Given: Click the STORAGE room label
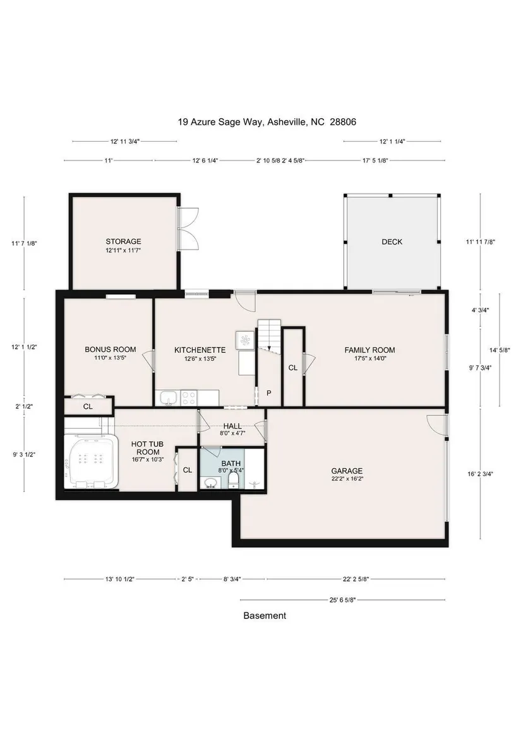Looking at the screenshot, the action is coord(123,241).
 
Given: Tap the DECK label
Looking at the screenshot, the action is coord(392,241).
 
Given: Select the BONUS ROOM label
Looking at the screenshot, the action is coord(111,350).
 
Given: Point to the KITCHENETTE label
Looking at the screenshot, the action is coord(200,350).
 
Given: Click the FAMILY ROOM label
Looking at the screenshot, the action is coord(369,350).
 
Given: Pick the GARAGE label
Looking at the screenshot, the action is coord(347,471).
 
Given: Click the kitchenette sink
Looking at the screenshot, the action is coord(168,398).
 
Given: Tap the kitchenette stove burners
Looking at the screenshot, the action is coord(189,398).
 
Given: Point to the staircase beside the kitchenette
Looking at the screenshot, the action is coord(269,334).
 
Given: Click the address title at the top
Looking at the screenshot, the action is coord(267,122).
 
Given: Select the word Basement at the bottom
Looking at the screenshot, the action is coord(265,616).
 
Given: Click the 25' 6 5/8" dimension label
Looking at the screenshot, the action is coord(342,600).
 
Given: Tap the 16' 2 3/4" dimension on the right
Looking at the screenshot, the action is coord(480,474).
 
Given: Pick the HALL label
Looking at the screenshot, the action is coord(232,426).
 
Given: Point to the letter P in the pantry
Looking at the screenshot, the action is coord(269,393).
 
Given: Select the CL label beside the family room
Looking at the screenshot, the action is coord(292,368).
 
